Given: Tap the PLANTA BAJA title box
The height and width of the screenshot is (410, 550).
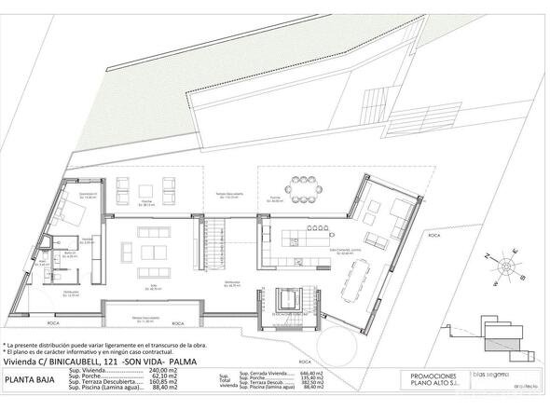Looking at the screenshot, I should (x=34, y=379).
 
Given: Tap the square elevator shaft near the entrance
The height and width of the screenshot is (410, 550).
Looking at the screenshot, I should (x=290, y=299).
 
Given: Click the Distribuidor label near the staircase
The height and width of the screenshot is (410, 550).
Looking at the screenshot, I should (x=218, y=280).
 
